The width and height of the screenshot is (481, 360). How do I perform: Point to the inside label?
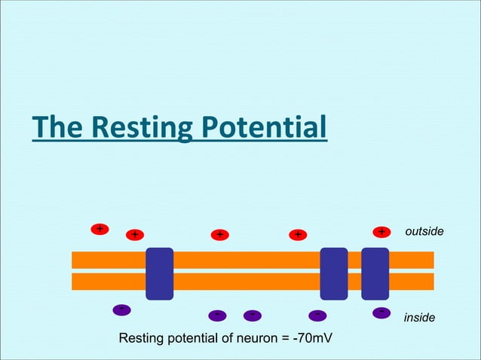pos(419,318)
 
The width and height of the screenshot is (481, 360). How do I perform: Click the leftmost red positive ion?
pos(99,228)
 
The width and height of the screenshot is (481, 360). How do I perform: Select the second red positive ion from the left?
pos(134,235)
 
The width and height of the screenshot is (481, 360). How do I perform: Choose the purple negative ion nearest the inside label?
pos(381,312)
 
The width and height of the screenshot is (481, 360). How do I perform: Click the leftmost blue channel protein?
pos(159,273)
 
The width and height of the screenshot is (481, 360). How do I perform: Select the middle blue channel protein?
pos(334,273)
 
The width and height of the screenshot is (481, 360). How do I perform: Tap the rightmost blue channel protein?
pos(375,273)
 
